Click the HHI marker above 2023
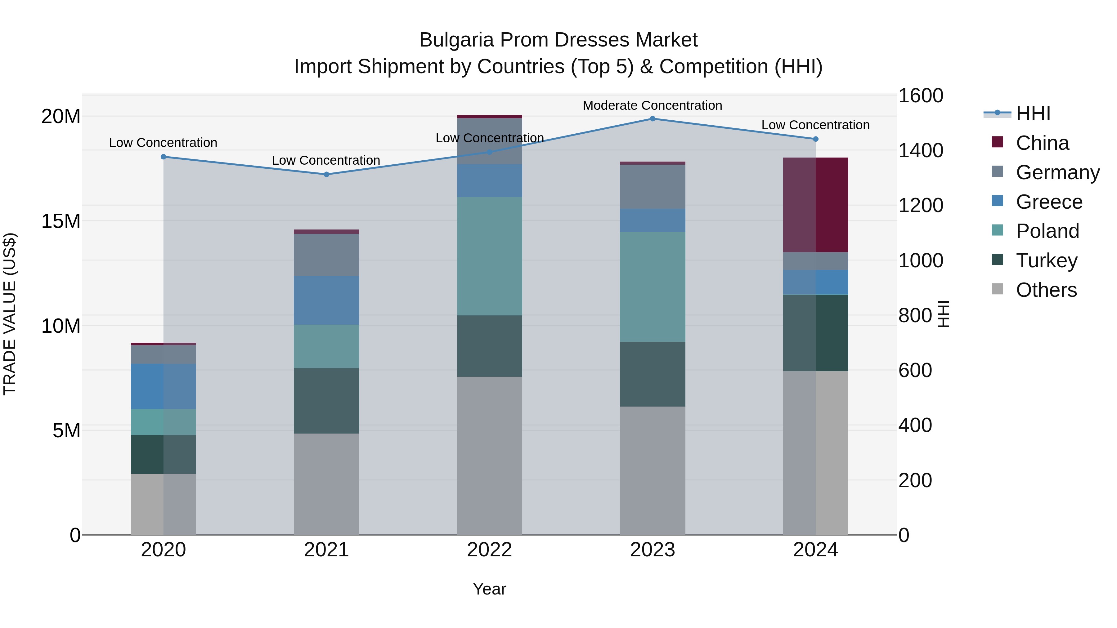tap(652, 119)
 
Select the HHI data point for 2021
tap(326, 174)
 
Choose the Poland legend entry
tap(1047, 231)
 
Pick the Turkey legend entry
tap(1046, 261)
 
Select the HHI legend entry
tap(1033, 114)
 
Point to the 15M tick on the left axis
tap(61, 221)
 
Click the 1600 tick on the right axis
tap(920, 96)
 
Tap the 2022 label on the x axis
tap(489, 550)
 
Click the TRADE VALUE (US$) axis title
tap(10, 314)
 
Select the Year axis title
tap(489, 589)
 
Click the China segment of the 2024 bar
tap(815, 205)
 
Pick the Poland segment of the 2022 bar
tap(489, 256)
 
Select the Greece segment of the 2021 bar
tap(326, 300)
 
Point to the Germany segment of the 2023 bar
tap(652, 187)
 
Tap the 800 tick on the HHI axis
tap(915, 315)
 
